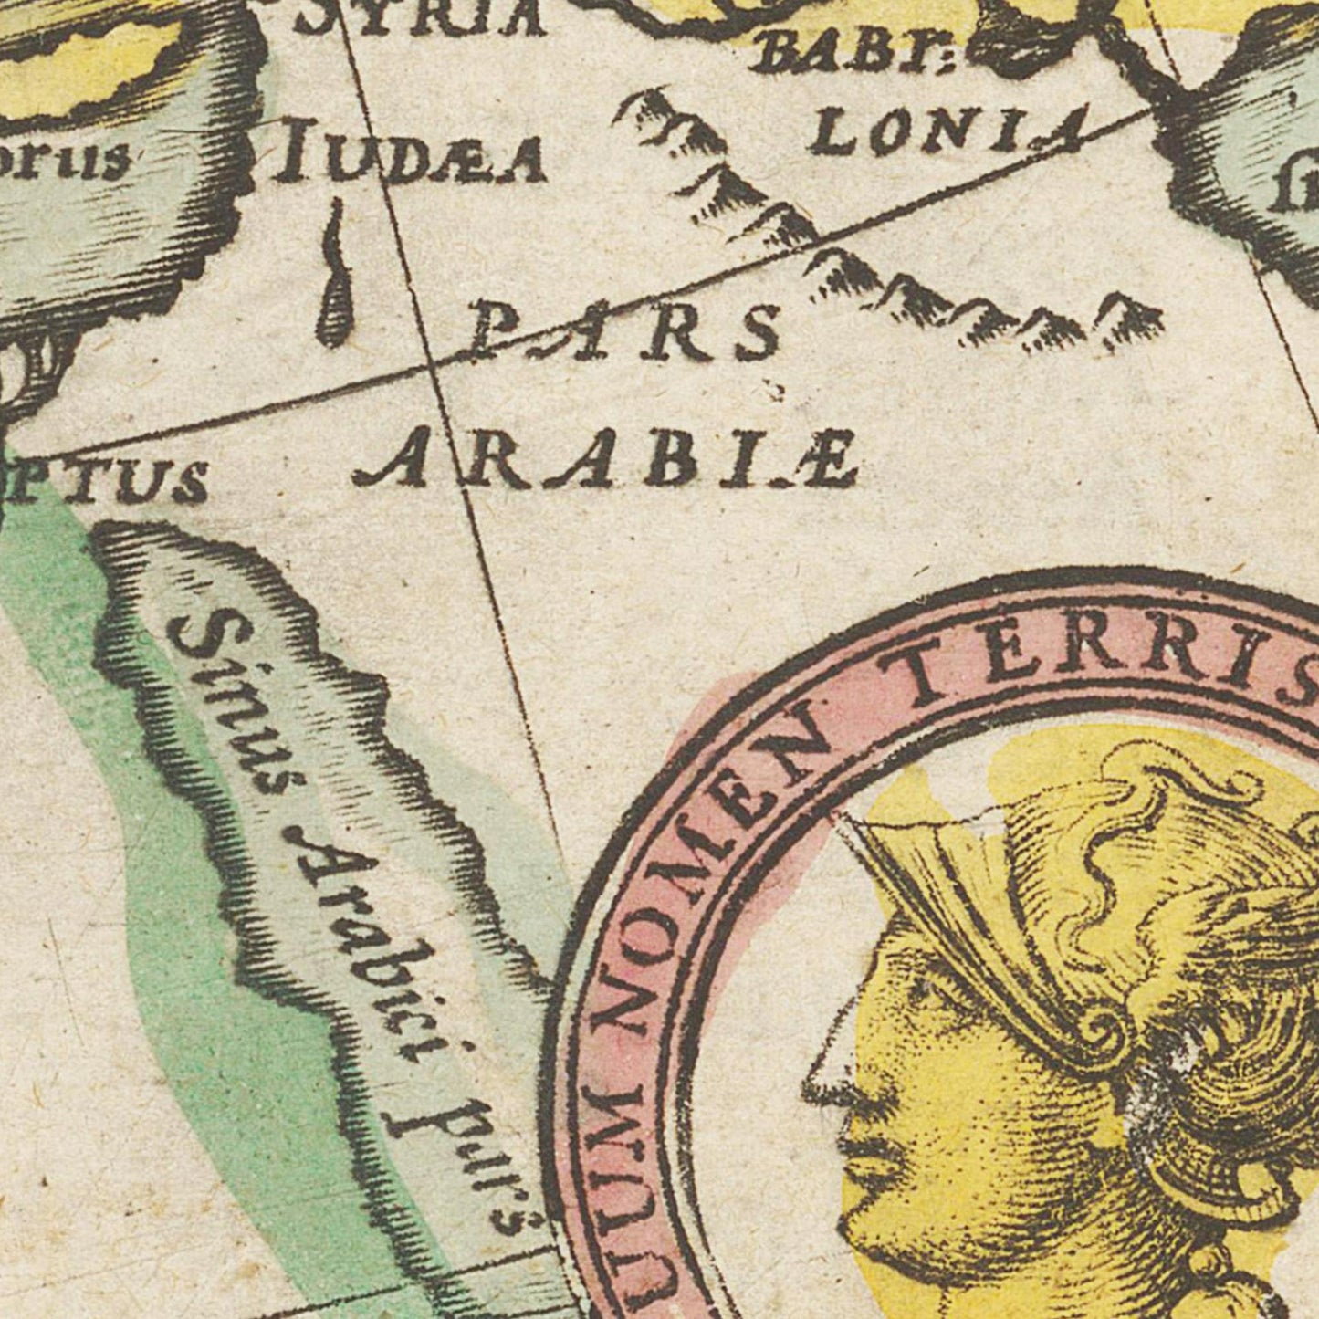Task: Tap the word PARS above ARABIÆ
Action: [626, 331]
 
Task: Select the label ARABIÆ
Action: [606, 462]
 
